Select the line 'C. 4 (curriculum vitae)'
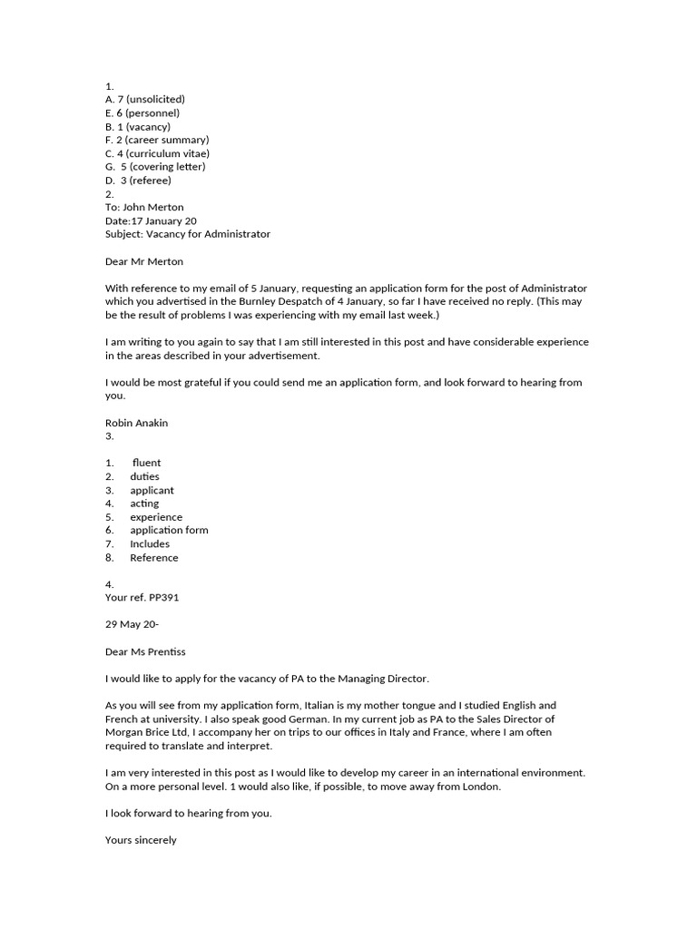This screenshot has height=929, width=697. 157,153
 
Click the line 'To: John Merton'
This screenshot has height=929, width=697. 144,207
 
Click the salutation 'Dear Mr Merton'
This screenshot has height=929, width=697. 144,261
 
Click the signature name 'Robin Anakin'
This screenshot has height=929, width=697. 136,423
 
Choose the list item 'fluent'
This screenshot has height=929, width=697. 146,463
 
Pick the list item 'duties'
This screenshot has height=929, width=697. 144,476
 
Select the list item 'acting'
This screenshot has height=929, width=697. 144,504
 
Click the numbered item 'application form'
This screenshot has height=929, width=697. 169,530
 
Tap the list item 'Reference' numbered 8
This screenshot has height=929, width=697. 153,557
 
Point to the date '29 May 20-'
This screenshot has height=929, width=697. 132,625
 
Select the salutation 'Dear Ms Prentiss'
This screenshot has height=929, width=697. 148,651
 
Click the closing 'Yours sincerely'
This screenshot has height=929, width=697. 141,840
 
